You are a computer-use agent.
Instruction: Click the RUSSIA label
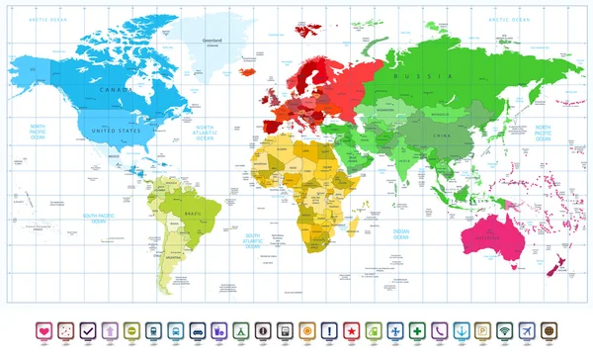pos(410,75)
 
